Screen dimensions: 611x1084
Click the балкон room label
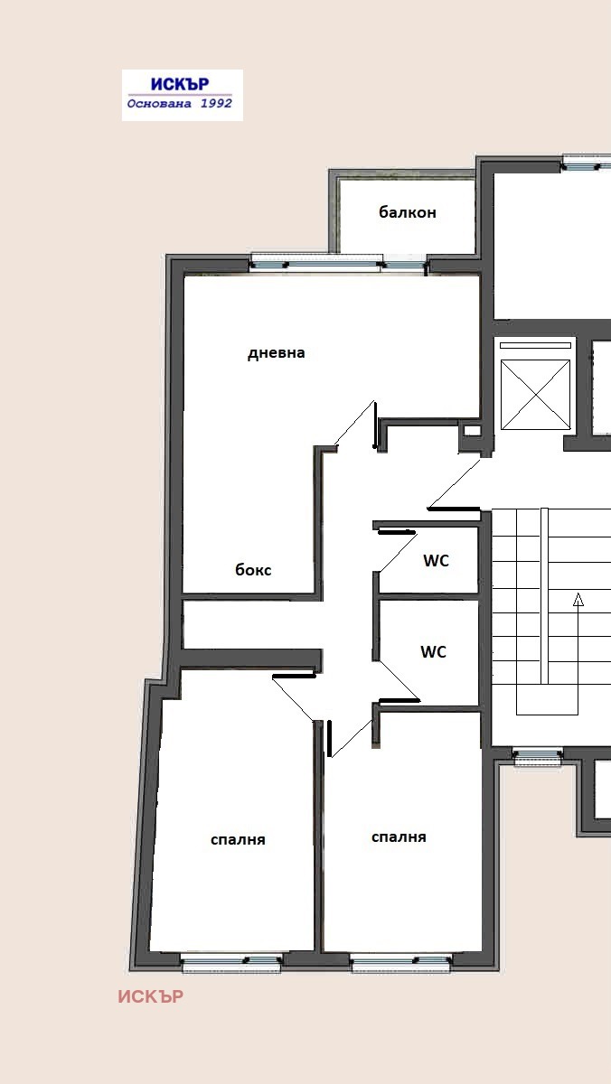(x=407, y=212)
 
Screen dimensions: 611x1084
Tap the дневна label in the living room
(x=276, y=353)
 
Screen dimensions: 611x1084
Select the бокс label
(x=253, y=570)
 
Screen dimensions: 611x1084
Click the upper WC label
(x=436, y=560)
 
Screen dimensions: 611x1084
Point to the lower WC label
(x=433, y=652)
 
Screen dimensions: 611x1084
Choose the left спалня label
(x=238, y=839)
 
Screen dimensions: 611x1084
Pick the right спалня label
(x=399, y=837)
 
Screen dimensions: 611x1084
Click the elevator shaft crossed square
(x=535, y=395)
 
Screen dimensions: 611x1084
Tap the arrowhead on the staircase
(x=578, y=600)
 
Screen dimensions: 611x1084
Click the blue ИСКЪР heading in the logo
(x=180, y=84)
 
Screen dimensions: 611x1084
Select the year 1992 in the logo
(x=216, y=103)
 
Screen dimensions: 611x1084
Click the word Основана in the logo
(x=159, y=104)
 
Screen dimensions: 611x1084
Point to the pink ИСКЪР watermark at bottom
(x=151, y=997)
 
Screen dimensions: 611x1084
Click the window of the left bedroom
(x=231, y=964)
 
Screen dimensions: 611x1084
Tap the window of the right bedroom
(x=400, y=964)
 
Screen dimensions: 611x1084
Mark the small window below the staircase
(x=538, y=757)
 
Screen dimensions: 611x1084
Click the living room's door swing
(x=356, y=424)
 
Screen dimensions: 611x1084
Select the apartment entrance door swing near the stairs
(x=454, y=484)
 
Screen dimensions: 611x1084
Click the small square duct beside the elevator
(x=473, y=430)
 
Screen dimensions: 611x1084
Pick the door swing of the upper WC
(x=397, y=552)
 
